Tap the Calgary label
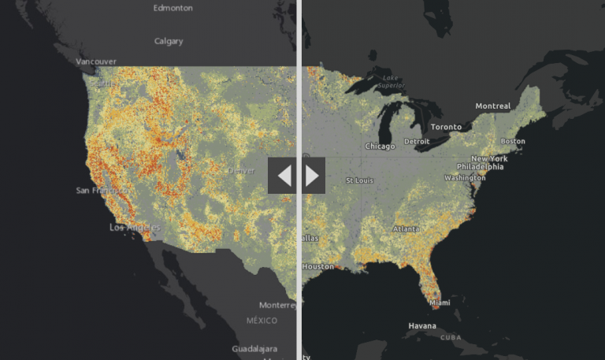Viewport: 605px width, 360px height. (x=169, y=41)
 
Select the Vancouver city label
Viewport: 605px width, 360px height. (x=96, y=61)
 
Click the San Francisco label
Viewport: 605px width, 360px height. (x=99, y=191)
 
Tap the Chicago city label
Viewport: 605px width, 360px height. (x=380, y=146)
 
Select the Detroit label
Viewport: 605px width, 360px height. (x=417, y=142)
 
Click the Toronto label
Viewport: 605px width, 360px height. (x=446, y=126)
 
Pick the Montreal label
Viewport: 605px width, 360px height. (x=493, y=106)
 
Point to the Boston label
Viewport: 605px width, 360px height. (x=513, y=141)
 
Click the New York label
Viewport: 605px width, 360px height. (x=489, y=158)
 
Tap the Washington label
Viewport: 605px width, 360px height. (x=464, y=177)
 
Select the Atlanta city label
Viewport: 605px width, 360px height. (x=406, y=229)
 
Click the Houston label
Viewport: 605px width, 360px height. (x=318, y=266)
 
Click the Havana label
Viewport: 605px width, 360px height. (x=422, y=326)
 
